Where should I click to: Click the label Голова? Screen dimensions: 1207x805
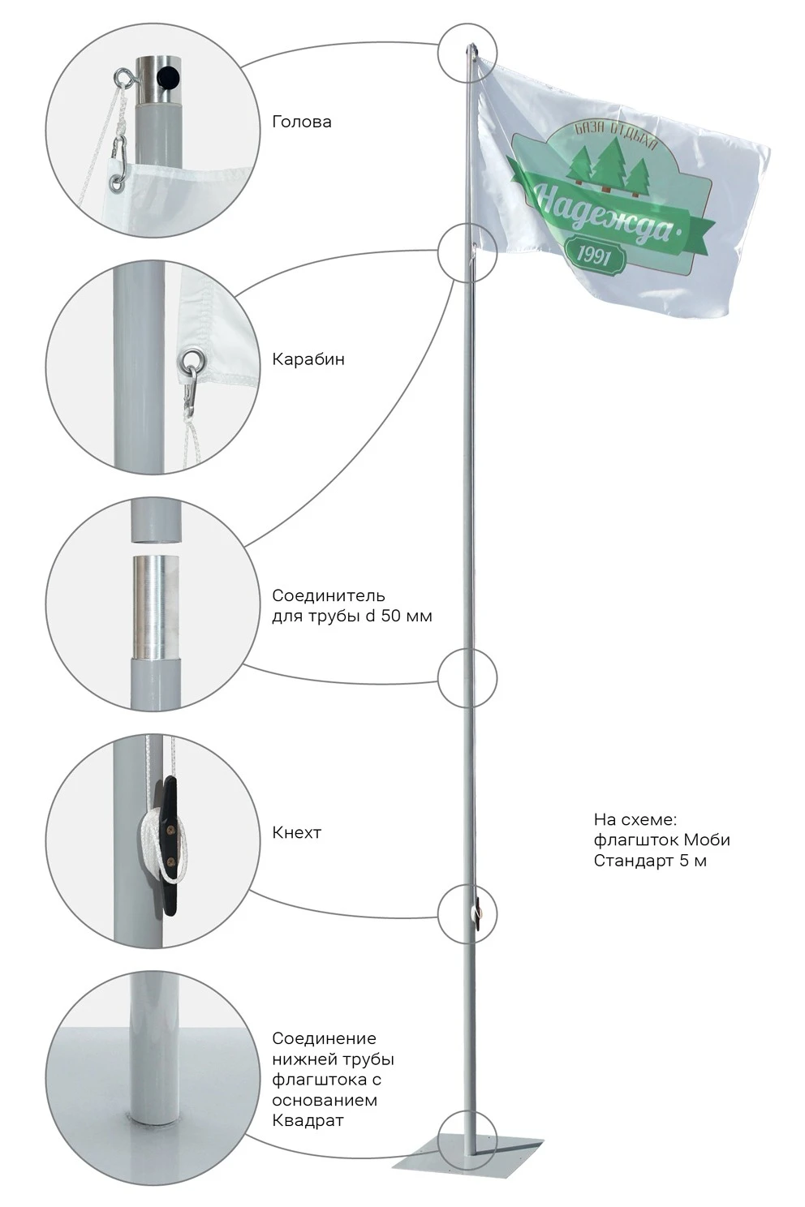pos(301,122)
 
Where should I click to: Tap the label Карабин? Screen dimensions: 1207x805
pos(308,359)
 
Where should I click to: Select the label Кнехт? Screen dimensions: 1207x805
pos(296,832)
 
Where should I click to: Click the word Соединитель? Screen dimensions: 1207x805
pos(328,596)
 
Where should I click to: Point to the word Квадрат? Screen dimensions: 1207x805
pos(308,1120)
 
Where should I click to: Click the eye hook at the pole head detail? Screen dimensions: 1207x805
pos(124,78)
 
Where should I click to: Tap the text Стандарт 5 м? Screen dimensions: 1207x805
pos(649,861)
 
